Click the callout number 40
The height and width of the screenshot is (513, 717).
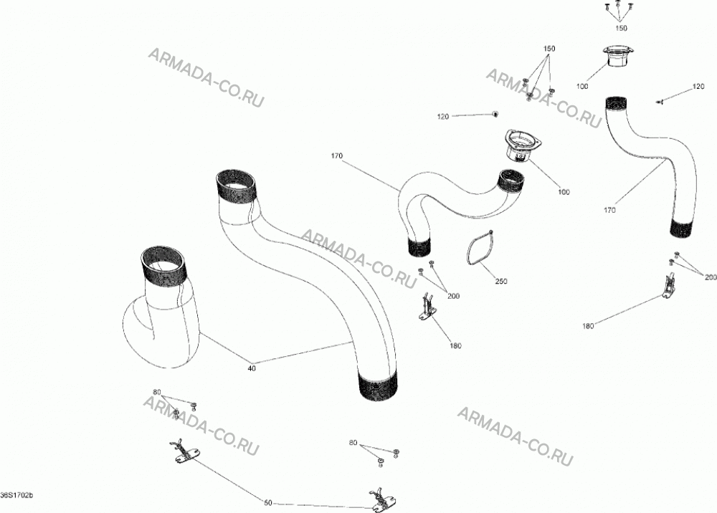coord(252,369)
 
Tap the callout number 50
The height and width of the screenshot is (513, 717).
coord(268,503)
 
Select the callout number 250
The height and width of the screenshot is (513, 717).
coord(501,282)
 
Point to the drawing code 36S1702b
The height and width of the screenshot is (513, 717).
coord(17,495)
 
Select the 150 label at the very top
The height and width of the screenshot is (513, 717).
coord(621,29)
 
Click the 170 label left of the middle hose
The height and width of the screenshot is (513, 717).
coord(336,156)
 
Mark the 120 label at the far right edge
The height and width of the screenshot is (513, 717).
coord(698,87)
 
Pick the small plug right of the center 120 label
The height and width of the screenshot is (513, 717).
coord(495,113)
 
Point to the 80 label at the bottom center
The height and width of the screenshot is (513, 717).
coord(353,443)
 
